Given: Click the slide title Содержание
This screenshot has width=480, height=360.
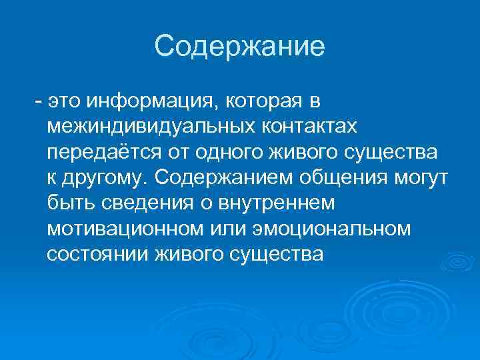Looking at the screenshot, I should (239, 47).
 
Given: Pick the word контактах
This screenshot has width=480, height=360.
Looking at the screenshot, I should (301, 127).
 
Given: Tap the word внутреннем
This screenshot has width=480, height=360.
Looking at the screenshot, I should (282, 203).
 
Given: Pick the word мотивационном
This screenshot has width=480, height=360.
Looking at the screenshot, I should (123, 229).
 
